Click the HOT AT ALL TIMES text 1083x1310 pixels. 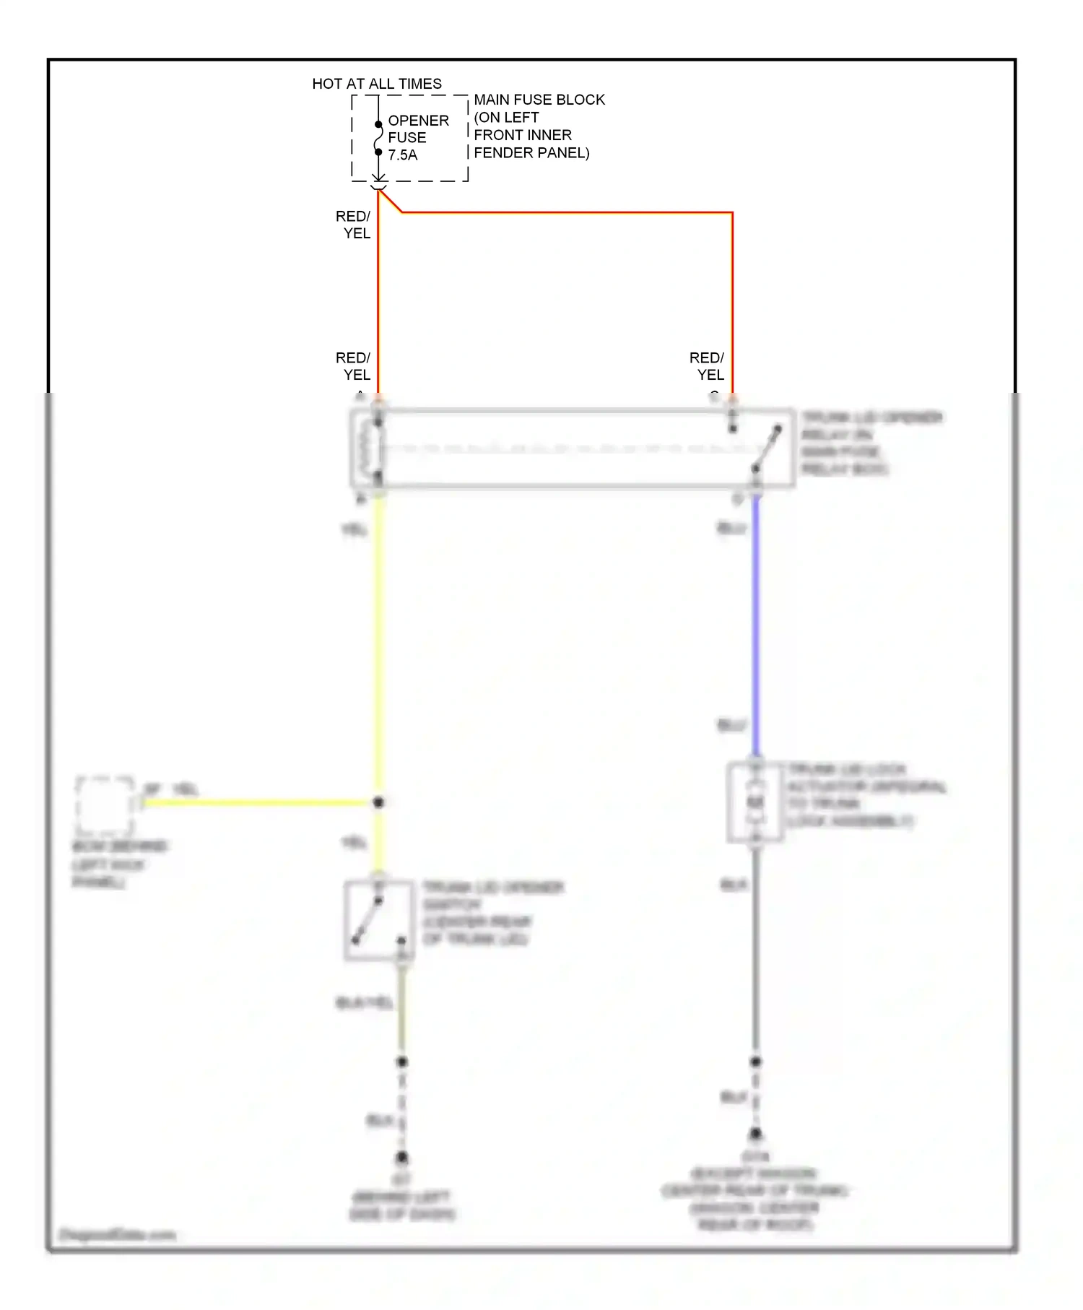pyautogui.click(x=376, y=84)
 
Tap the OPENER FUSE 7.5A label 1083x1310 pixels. pyautogui.click(x=417, y=137)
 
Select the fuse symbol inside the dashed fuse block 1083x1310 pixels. pyautogui.click(x=378, y=138)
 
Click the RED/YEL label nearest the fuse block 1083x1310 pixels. pyautogui.click(x=353, y=225)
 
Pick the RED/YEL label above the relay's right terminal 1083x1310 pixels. pyautogui.click(x=707, y=366)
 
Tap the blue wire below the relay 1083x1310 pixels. pyautogui.click(x=755, y=621)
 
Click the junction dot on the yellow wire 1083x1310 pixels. pyautogui.click(x=378, y=802)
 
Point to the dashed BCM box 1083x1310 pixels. pyautogui.click(x=105, y=805)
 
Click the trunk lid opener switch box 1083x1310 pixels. pyautogui.click(x=379, y=920)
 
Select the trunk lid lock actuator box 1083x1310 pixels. pyautogui.click(x=755, y=802)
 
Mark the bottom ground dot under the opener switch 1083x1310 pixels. pyautogui.click(x=402, y=1157)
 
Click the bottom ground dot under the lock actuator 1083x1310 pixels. pyautogui.click(x=755, y=1134)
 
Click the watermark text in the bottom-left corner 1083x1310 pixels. pyautogui.click(x=118, y=1234)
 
